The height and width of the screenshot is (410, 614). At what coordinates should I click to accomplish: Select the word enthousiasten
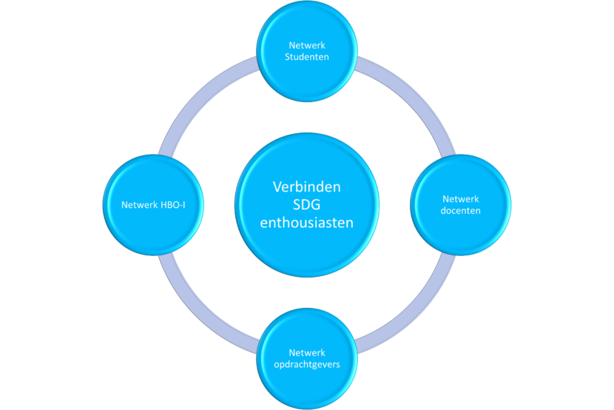click(306, 221)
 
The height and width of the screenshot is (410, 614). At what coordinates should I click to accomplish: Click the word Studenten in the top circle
click(306, 57)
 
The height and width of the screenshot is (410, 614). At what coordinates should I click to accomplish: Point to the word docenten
click(461, 211)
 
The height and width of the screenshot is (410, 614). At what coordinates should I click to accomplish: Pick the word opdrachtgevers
click(306, 364)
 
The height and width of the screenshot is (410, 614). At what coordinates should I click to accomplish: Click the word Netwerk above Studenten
click(306, 45)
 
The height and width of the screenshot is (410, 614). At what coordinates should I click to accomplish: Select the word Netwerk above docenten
click(461, 199)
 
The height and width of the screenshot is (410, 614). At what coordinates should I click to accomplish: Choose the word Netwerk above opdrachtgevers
click(306, 352)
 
